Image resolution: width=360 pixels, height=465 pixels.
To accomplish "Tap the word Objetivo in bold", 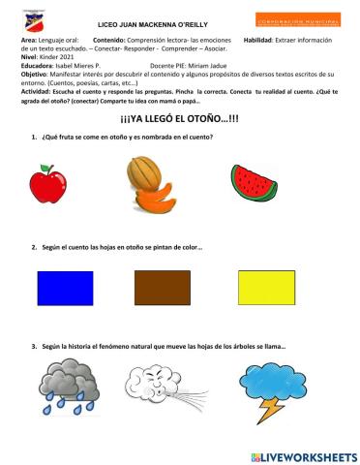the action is tap(36, 75).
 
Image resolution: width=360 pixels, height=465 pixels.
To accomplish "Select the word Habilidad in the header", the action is tap(261, 39).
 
